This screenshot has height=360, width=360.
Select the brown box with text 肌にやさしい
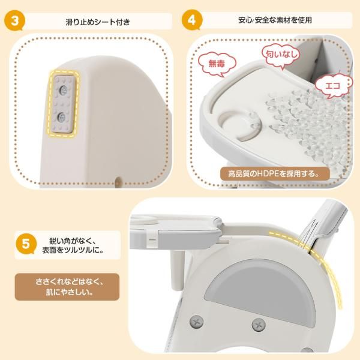(x=61, y=286)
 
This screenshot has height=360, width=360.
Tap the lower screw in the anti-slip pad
(x=63, y=115)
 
